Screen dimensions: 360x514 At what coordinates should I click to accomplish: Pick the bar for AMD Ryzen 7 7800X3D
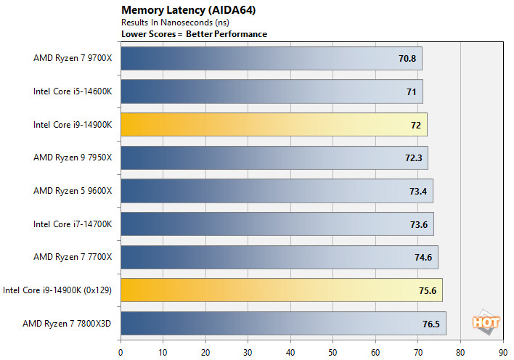click(283, 323)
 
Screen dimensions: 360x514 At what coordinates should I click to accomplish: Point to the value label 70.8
click(407, 58)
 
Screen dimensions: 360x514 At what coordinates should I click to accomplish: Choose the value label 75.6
click(426, 290)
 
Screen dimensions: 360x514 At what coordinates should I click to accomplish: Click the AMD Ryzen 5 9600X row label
click(73, 191)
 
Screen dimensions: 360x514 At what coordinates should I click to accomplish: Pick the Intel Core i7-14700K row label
click(73, 224)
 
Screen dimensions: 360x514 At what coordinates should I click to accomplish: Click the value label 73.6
click(419, 224)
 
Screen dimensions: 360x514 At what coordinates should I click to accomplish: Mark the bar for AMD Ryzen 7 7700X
click(279, 257)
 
